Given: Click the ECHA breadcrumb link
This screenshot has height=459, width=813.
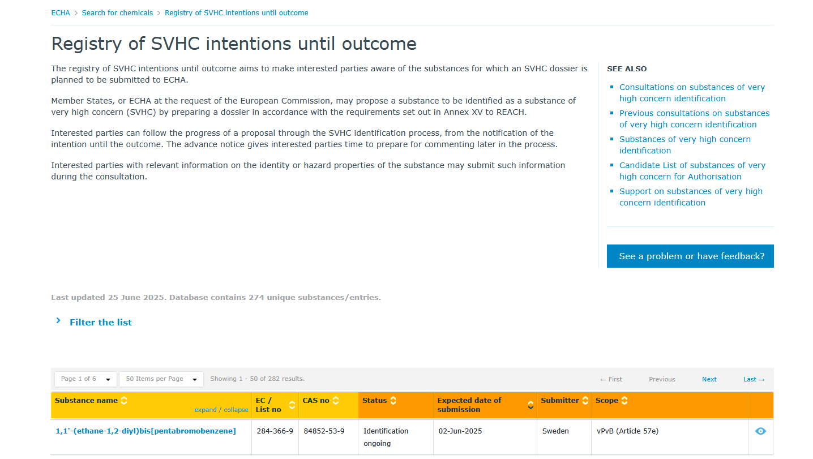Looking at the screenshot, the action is pos(60,12).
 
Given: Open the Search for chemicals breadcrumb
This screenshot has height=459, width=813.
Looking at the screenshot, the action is pos(117,12).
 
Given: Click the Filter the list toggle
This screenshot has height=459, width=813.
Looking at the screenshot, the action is pos(101,322).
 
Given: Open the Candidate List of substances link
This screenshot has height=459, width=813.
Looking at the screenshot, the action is pos(692,171).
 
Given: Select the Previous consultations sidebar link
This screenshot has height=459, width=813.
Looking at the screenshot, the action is pos(694,119).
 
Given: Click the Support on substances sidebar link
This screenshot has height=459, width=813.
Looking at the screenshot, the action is pos(691,196).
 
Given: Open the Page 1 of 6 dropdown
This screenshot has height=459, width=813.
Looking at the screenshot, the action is pos(85,379).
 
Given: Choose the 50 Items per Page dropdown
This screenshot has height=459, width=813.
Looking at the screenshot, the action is pos(161,379).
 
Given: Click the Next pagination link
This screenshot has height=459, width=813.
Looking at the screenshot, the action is pos(709,379).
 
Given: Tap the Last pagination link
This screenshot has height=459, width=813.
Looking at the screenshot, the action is pos(754,379).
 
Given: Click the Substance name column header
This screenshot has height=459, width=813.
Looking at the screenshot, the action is pos(86,400).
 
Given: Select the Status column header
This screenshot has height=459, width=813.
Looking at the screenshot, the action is pos(374,400).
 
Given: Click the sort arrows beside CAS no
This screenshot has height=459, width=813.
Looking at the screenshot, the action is pos(336,400).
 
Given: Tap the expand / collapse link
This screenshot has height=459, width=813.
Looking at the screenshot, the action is pos(221,410).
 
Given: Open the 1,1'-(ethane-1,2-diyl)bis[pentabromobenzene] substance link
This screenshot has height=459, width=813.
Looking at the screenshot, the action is pos(146,431).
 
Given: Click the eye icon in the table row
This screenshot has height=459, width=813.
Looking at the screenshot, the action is pos(760,431).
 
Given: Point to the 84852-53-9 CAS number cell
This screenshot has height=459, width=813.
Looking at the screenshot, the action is pos(324,431).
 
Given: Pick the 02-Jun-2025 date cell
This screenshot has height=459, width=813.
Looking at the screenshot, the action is pos(460,431).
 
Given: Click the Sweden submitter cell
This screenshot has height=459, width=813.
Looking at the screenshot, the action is pos(555,431).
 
